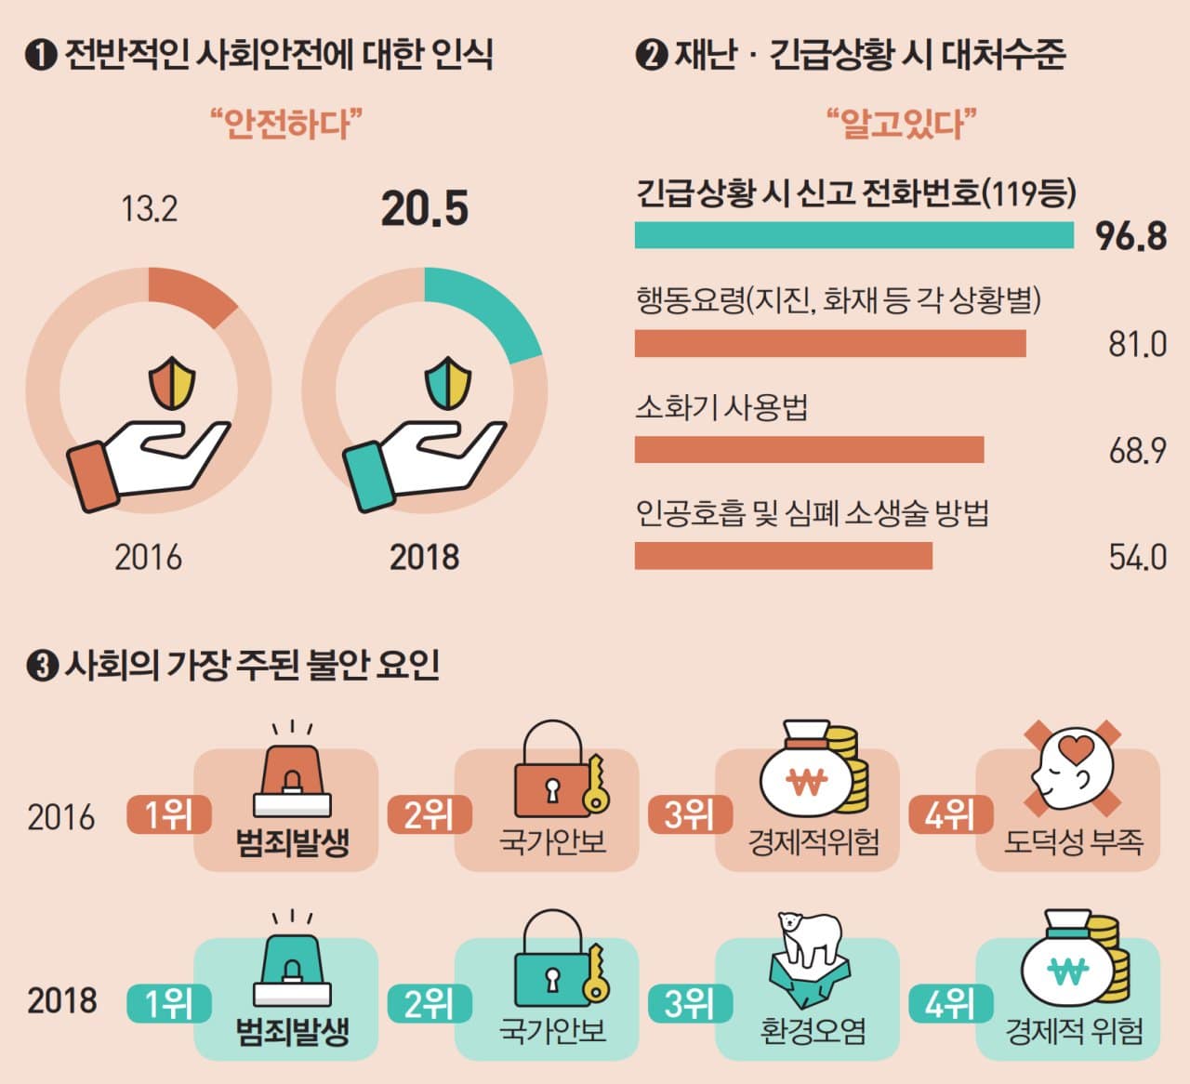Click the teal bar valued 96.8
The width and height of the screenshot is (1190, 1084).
point(853,235)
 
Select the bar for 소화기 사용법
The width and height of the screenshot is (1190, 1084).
point(809,449)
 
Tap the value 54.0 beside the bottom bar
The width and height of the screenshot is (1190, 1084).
point(1137,557)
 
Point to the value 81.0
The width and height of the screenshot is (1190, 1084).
point(1137,344)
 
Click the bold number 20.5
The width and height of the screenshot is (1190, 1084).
point(425,208)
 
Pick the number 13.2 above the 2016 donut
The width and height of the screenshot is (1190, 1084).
point(149,209)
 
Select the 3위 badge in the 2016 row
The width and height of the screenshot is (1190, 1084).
point(689,815)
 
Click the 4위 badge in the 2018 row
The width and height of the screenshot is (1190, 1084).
point(949,1004)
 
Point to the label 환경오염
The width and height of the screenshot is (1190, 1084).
point(813,1031)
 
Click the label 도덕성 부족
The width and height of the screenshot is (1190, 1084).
point(1073,842)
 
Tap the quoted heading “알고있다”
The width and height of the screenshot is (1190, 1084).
point(901,123)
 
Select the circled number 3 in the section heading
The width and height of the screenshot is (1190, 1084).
point(42,667)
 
